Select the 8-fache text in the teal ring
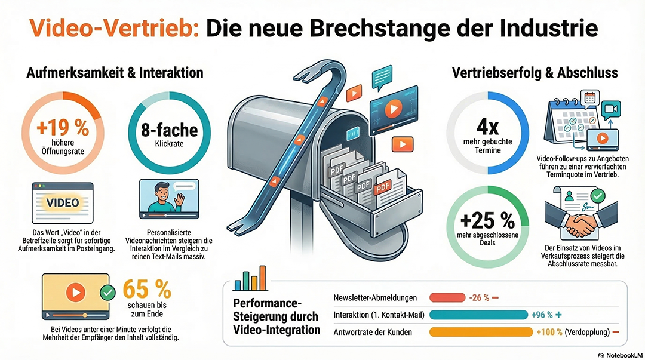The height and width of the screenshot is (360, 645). tap(162, 130)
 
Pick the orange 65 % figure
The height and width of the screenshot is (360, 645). tap(146, 290)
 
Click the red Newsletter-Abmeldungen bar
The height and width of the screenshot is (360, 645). tap(447, 297)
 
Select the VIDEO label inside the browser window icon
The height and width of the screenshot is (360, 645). tap(63, 202)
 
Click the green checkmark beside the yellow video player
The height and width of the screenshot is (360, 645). tap(108, 293)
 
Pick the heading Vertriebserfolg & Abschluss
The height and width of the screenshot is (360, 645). tap(535, 73)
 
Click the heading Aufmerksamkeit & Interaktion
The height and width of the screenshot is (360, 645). tap(115, 73)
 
